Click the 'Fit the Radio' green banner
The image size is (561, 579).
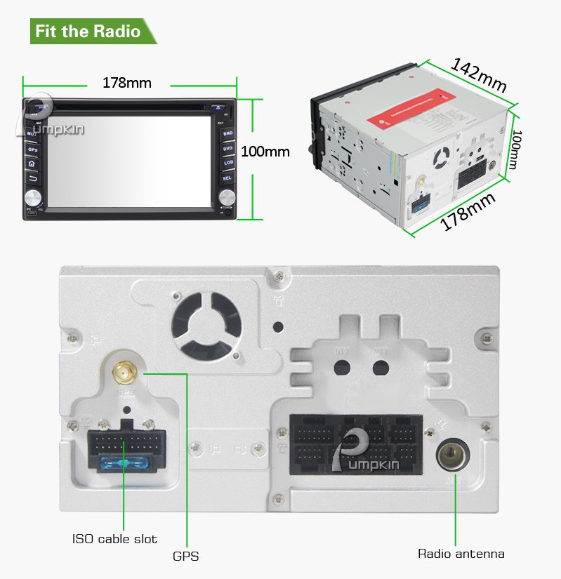click(x=88, y=32)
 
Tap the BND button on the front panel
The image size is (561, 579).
click(x=227, y=133)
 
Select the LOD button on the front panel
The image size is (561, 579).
click(x=227, y=163)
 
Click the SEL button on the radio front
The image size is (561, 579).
click(x=227, y=178)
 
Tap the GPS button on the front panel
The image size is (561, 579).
click(x=32, y=149)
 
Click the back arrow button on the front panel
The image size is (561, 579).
click(x=32, y=178)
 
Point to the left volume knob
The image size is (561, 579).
click(x=33, y=197)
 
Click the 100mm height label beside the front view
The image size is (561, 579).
click(x=265, y=151)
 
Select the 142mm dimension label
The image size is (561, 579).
click(x=479, y=74)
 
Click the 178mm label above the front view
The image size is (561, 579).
click(x=127, y=83)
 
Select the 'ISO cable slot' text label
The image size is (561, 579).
click(x=114, y=539)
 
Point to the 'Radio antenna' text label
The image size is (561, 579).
click(x=461, y=554)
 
